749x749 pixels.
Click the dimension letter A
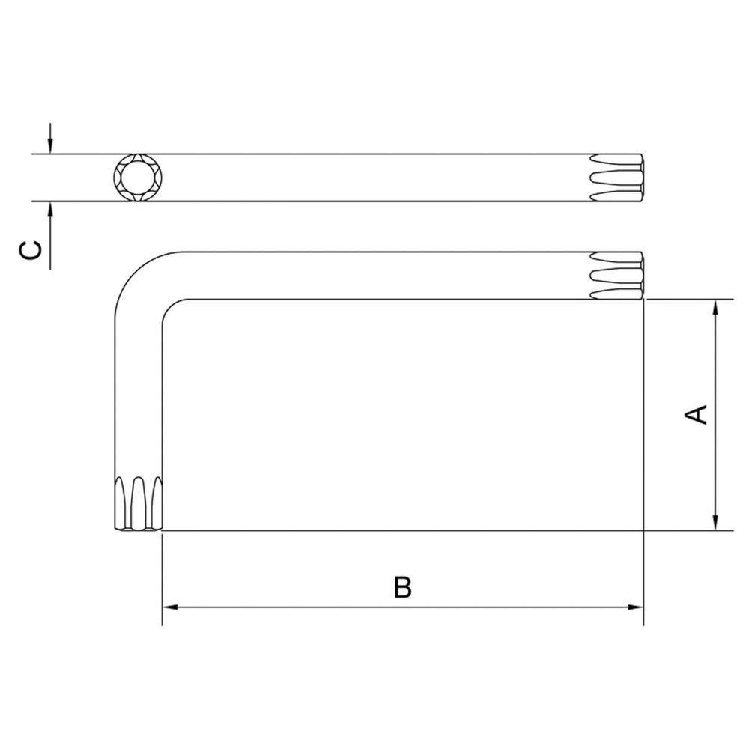(x=696, y=414)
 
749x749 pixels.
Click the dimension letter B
(x=403, y=587)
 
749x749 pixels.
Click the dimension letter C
(x=30, y=250)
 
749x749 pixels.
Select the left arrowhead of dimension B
(x=171, y=607)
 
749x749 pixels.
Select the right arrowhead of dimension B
(x=635, y=607)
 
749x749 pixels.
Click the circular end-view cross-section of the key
(x=138, y=178)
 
